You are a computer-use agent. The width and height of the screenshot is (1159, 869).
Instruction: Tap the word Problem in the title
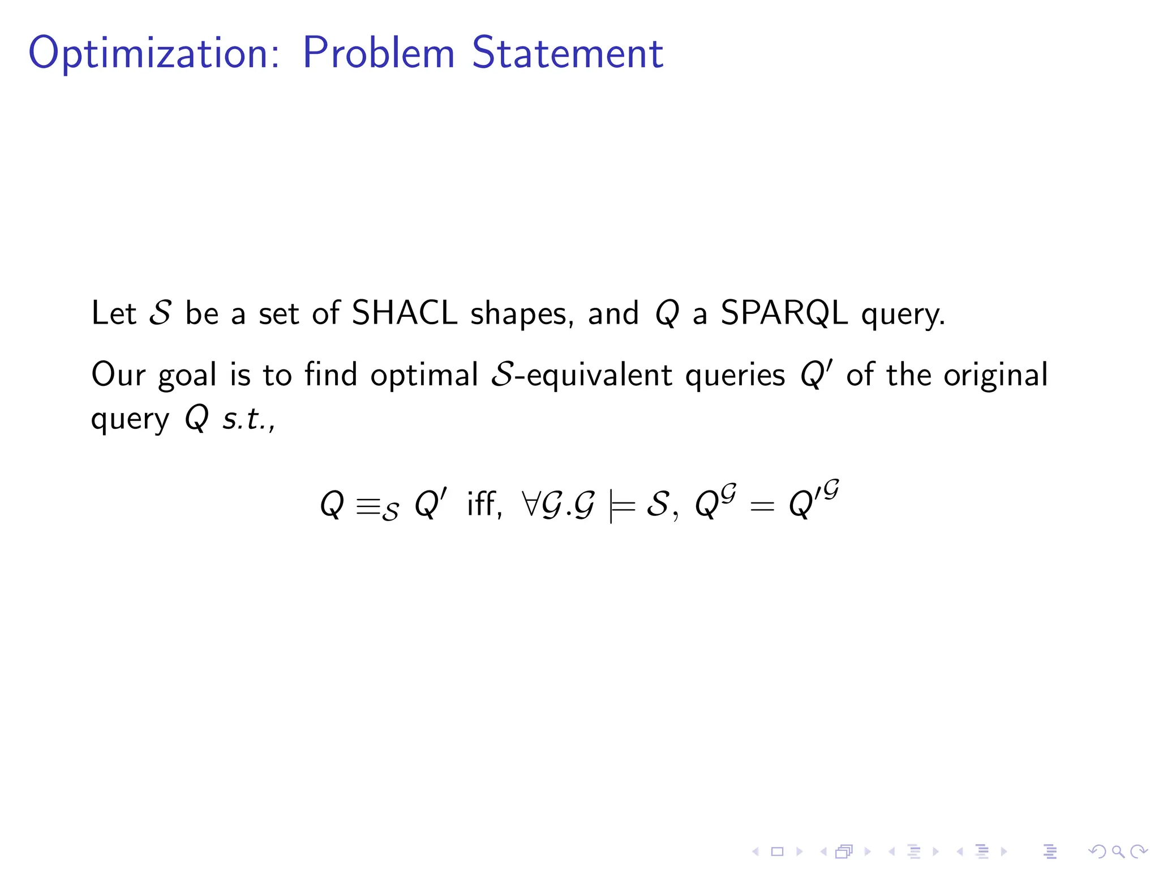pyautogui.click(x=379, y=53)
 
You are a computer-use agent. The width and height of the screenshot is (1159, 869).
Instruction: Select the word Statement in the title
pyautogui.click(x=568, y=53)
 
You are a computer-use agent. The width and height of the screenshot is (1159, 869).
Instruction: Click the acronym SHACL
pyautogui.click(x=404, y=313)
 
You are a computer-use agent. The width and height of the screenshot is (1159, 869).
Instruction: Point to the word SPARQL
pyautogui.click(x=784, y=313)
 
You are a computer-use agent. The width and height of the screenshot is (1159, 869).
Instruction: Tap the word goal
pyautogui.click(x=187, y=376)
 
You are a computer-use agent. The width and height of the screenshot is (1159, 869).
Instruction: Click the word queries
pyautogui.click(x=735, y=376)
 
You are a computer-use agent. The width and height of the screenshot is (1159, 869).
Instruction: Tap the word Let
pyautogui.click(x=114, y=313)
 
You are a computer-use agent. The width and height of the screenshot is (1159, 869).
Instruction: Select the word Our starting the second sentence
pyautogui.click(x=118, y=375)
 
